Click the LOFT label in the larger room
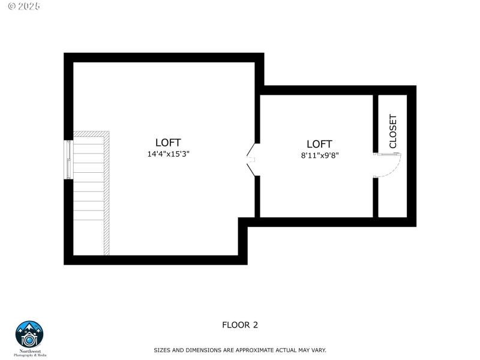168,142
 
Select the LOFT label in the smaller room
319,144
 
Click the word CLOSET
393,131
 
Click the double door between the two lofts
253,160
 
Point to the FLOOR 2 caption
240,325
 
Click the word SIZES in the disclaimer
163,350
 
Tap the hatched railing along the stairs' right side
107,198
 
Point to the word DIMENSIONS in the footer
196,350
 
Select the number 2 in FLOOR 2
255,325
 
